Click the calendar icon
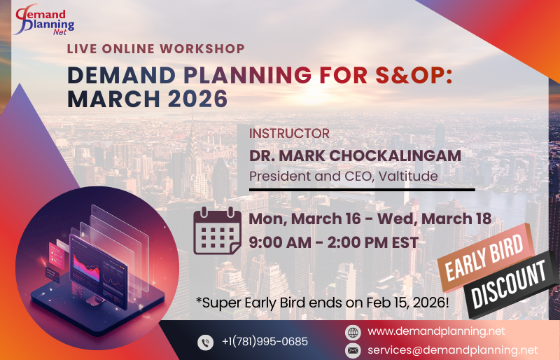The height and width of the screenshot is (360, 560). coord(217,232)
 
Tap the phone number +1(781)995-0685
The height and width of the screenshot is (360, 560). coord(264,342)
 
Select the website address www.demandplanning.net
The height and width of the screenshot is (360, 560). coord(435,331)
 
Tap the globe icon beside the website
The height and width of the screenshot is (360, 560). coord(353,332)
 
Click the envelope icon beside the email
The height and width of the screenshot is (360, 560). coord(353,349)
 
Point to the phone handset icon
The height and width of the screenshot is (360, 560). coord(205,342)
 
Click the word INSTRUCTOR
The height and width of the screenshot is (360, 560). coord(289,133)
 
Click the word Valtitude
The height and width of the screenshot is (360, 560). coord(409,175)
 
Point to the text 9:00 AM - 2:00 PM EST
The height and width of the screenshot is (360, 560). coord(333,243)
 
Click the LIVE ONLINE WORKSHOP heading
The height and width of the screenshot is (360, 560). coord(156,49)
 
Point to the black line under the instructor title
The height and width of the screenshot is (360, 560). coord(362,189)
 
